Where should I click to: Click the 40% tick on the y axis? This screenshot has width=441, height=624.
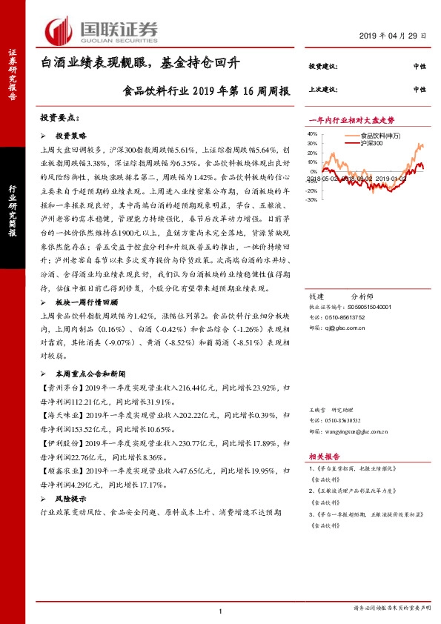click(x=312, y=134)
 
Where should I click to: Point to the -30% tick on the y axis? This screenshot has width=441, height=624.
click(x=311, y=199)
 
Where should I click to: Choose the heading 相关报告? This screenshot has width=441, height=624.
click(x=324, y=457)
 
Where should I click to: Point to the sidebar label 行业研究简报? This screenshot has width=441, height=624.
click(x=13, y=209)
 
